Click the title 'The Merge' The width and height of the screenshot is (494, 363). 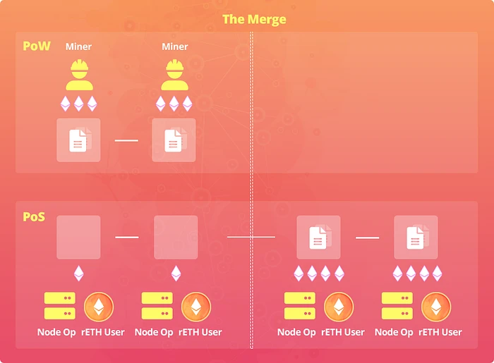click(x=254, y=19)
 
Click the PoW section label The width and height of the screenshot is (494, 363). click(x=37, y=47)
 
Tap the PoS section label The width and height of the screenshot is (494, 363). click(x=34, y=216)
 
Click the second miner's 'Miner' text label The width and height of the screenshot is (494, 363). click(x=174, y=47)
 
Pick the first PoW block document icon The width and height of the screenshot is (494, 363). click(x=78, y=140)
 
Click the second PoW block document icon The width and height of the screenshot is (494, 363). click(x=174, y=140)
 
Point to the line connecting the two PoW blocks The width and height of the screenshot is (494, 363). click(x=126, y=140)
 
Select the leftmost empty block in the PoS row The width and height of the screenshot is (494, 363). click(x=78, y=238)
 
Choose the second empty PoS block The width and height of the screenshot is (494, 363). click(x=176, y=238)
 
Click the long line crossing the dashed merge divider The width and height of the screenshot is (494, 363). click(x=251, y=238)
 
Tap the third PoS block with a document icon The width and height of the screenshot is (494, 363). click(x=318, y=238)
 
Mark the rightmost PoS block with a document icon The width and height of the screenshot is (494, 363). click(x=416, y=238)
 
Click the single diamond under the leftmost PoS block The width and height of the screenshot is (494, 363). click(x=78, y=273)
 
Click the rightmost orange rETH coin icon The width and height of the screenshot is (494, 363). click(x=436, y=307)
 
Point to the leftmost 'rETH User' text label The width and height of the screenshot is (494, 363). click(x=103, y=332)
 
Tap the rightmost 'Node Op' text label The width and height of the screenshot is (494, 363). click(x=394, y=332)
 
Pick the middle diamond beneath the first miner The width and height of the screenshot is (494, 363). click(x=78, y=104)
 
